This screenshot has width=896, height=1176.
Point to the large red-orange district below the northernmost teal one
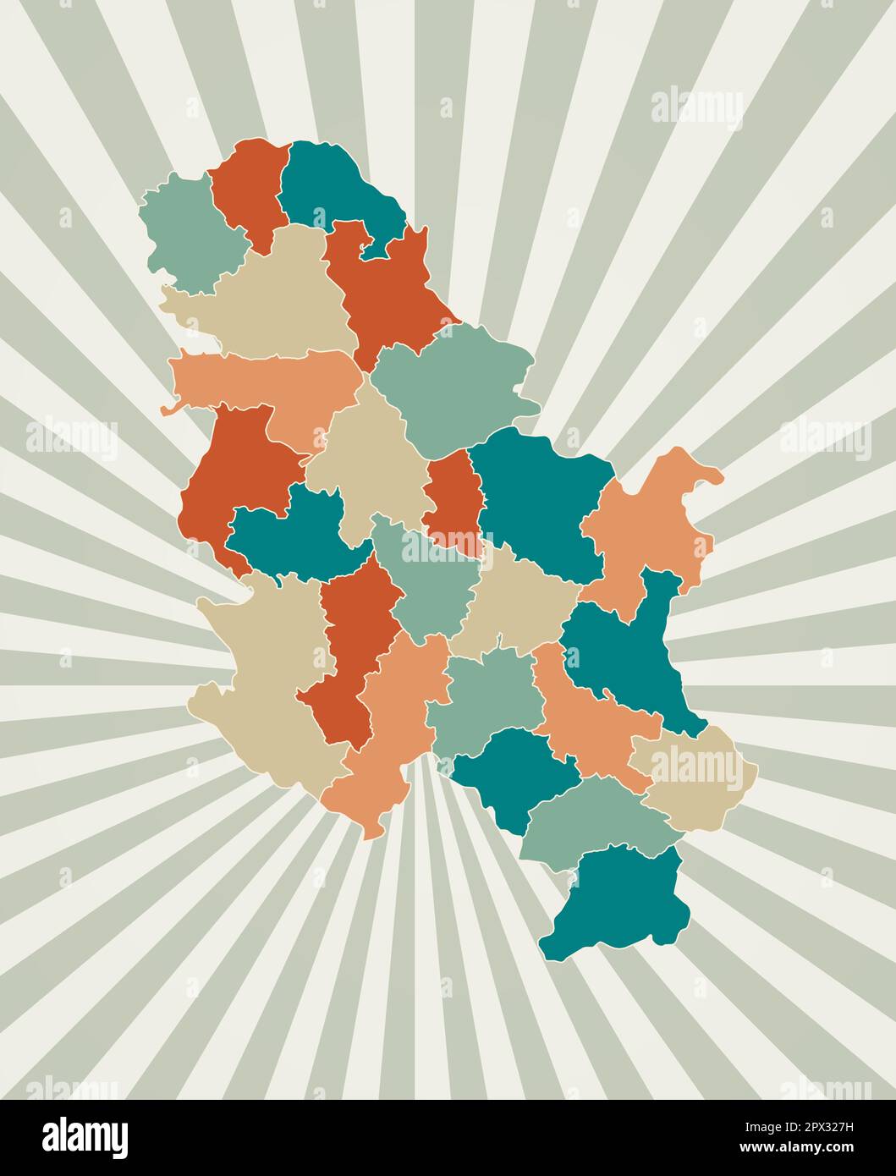click(385, 288)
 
